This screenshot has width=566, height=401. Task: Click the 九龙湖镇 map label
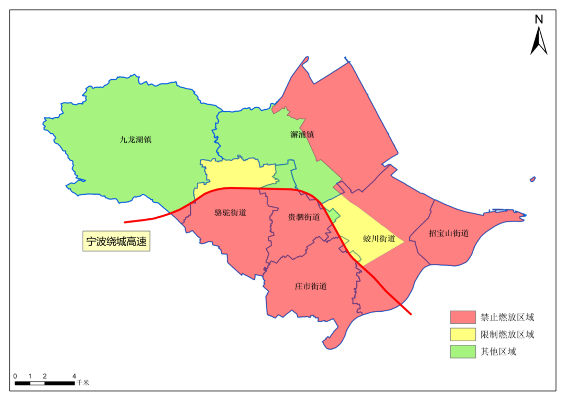(x=136, y=140)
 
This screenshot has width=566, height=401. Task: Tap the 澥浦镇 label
(x=302, y=134)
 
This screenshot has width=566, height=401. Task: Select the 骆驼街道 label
(x=231, y=213)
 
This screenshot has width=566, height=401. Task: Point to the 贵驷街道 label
(x=304, y=217)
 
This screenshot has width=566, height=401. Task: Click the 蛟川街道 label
(x=379, y=238)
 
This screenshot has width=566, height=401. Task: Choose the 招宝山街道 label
(x=449, y=233)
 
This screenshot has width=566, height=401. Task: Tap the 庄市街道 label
(x=311, y=286)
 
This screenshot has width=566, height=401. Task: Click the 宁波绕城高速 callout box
(x=116, y=241)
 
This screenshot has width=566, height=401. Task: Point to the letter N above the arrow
(x=538, y=19)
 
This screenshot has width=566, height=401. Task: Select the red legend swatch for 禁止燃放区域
(x=462, y=317)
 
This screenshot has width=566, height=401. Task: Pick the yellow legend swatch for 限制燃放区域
(x=462, y=334)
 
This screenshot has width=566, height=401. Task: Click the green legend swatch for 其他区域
(x=462, y=352)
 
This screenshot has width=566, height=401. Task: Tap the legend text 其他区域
(x=498, y=352)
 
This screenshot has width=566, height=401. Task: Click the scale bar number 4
(x=74, y=376)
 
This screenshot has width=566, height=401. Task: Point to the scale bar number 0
(x=15, y=376)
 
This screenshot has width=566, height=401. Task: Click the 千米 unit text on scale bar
(x=83, y=383)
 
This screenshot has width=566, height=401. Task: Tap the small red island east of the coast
(x=532, y=180)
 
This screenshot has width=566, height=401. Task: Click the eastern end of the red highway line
(x=411, y=314)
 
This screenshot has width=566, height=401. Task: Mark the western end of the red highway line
(x=125, y=222)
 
